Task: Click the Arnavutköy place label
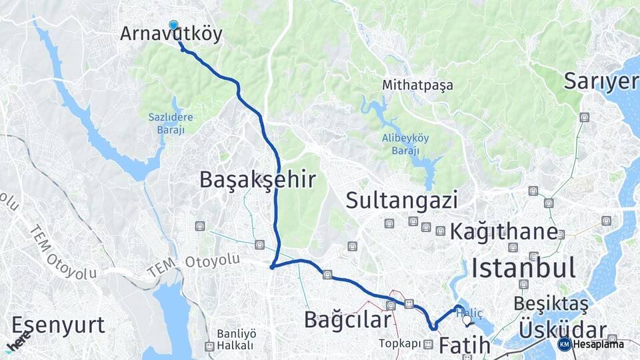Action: pyautogui.click(x=171, y=35)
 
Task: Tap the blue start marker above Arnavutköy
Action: pyautogui.click(x=174, y=25)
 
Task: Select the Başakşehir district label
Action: pyautogui.click(x=257, y=179)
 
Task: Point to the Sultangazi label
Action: pyautogui.click(x=401, y=199)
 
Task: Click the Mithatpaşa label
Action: pyautogui.click(x=417, y=85)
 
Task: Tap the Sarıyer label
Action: pyautogui.click(x=600, y=81)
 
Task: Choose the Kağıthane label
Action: pyautogui.click(x=503, y=232)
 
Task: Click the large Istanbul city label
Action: pyautogui.click(x=523, y=268)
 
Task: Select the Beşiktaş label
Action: pyautogui.click(x=551, y=303)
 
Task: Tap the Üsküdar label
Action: pyautogui.click(x=562, y=330)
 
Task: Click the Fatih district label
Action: pyautogui.click(x=464, y=347)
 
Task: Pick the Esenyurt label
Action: pyautogui.click(x=58, y=325)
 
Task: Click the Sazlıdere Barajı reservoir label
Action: pyautogui.click(x=171, y=123)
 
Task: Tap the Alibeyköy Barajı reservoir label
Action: pyautogui.click(x=405, y=144)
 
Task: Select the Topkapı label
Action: pyautogui.click(x=400, y=343)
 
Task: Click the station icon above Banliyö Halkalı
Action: pyautogui.click(x=210, y=347)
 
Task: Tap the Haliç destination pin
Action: pyautogui.click(x=467, y=321)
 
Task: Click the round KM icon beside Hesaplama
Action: pyautogui.click(x=564, y=344)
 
